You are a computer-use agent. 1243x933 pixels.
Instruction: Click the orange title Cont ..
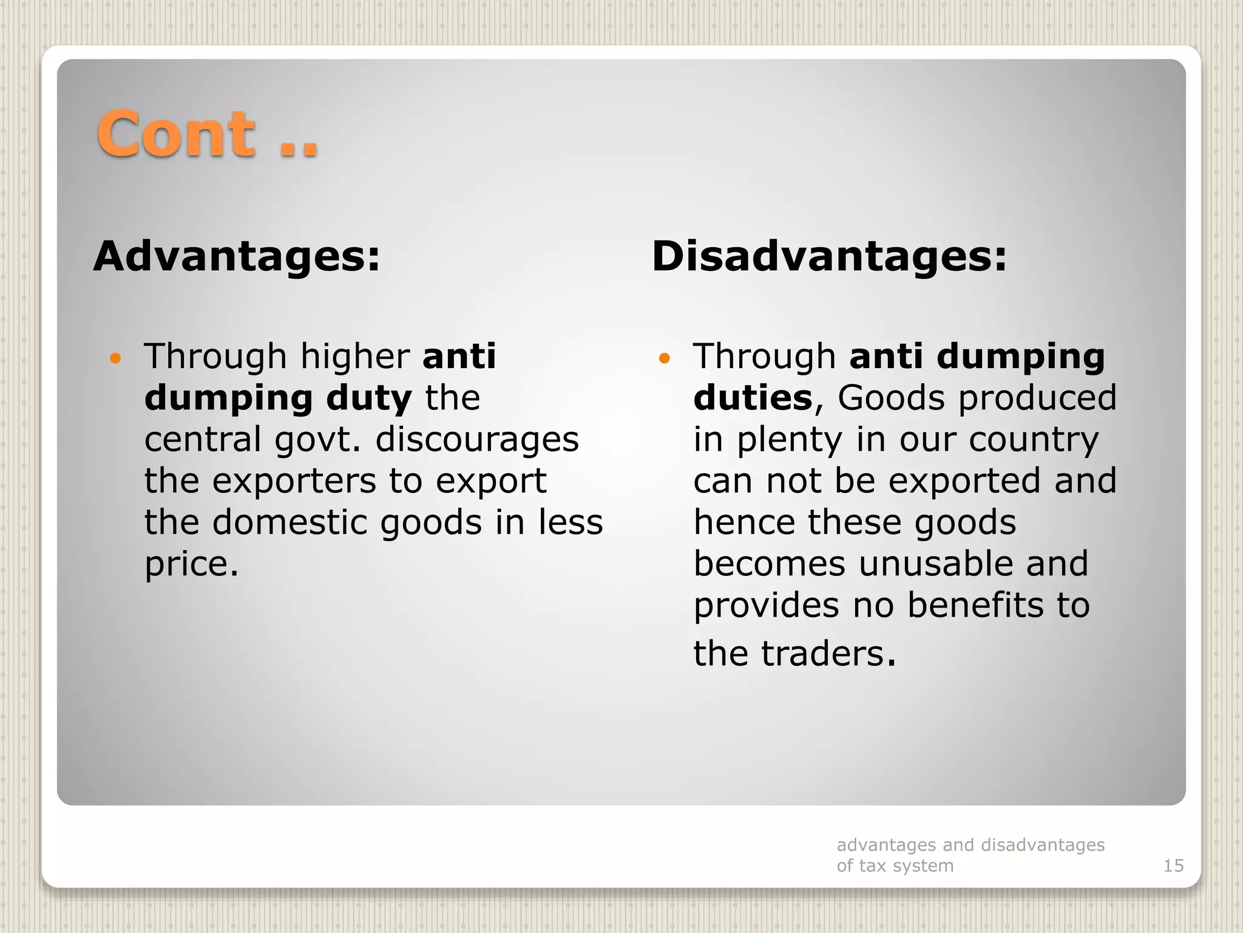(x=176, y=134)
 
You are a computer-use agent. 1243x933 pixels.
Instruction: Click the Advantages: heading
(x=237, y=256)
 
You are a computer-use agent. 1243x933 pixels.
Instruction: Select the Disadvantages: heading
(x=829, y=256)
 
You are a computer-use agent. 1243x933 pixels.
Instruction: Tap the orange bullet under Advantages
(x=115, y=358)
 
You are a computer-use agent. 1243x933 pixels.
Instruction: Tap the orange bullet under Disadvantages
(x=664, y=358)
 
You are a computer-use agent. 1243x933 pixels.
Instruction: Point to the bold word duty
(x=369, y=398)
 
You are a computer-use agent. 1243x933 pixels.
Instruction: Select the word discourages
(x=477, y=440)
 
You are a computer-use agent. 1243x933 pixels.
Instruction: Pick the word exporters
(x=294, y=481)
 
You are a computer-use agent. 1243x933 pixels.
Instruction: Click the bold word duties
(x=753, y=398)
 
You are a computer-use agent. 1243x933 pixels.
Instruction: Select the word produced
(x=1037, y=398)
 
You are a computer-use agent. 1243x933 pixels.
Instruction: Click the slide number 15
(x=1173, y=866)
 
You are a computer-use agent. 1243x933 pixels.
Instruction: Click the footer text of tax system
(x=895, y=866)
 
